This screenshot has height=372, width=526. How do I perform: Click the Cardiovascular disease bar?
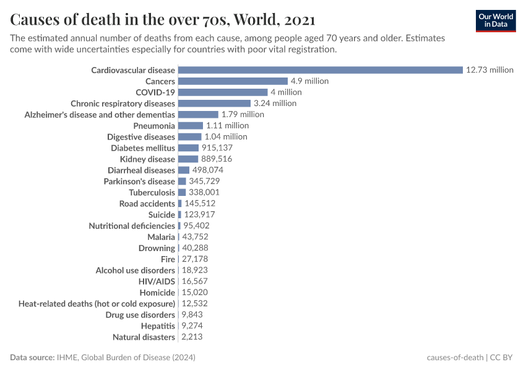320,70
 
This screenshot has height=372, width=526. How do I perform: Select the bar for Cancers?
233,81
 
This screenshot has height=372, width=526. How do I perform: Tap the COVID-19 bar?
223,92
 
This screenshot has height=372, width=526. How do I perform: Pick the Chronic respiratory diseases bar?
214,104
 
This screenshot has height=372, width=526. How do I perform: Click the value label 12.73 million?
489,70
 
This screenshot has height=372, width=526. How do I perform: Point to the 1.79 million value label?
243,115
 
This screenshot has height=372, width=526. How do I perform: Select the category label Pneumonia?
154,126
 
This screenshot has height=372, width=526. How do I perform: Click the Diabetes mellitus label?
143,148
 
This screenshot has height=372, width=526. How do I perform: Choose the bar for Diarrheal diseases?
184,170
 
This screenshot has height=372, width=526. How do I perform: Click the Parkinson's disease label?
139,181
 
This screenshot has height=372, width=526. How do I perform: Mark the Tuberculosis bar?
182,192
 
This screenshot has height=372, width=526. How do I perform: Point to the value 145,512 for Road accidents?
200,203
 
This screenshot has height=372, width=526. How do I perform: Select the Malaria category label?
161,237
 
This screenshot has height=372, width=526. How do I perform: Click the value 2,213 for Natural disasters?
192,337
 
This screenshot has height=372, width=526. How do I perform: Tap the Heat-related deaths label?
97,304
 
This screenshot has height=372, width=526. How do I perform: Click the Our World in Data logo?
495,20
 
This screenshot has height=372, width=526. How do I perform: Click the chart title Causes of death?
162,20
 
